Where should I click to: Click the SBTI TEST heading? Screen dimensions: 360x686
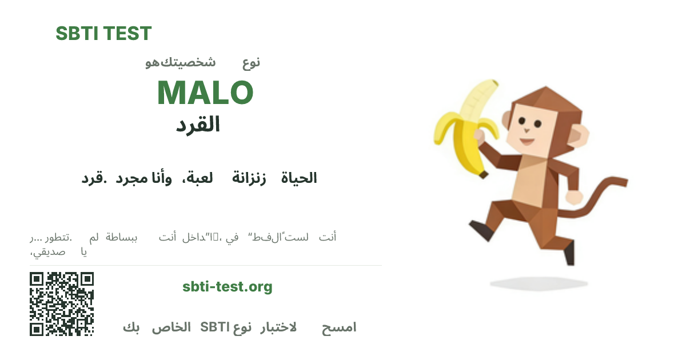point(103,34)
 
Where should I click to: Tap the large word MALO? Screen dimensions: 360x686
point(205,93)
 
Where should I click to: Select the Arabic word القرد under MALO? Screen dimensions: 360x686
point(198,125)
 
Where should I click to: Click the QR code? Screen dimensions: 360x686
point(62,304)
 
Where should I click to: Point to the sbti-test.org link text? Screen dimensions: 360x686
point(228,286)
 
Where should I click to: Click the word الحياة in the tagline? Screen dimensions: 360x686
point(299,178)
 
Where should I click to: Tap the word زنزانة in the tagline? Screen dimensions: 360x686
point(249,178)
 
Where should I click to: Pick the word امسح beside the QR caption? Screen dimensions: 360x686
point(338,327)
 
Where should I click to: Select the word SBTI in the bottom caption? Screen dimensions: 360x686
point(215,327)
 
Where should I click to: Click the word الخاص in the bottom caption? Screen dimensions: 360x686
point(171,327)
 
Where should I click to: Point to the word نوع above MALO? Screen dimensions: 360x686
point(251,62)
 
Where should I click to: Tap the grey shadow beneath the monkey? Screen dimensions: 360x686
point(531,283)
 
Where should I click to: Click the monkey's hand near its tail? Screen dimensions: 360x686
point(573,197)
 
